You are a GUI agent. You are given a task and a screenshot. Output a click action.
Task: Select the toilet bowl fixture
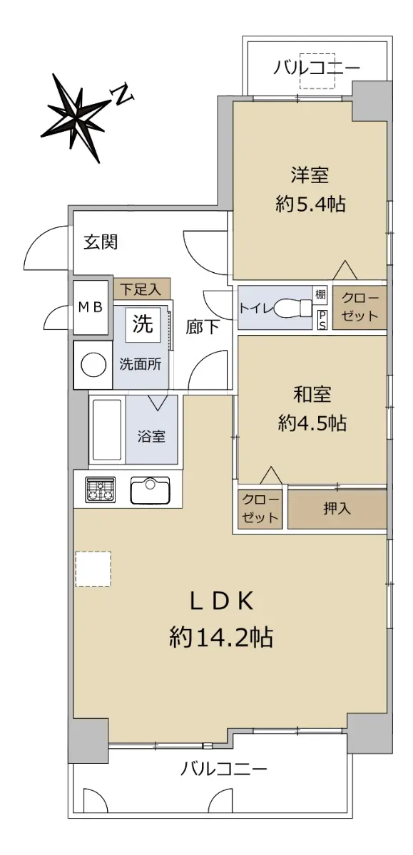(x=293, y=307)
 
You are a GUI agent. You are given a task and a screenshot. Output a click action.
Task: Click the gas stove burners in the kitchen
(x=101, y=489)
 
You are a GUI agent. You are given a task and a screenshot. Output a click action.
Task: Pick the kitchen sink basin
(x=150, y=490)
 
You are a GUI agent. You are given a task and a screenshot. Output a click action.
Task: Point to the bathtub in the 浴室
(x=108, y=430)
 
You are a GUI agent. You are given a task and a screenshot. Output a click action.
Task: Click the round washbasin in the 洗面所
(x=93, y=365)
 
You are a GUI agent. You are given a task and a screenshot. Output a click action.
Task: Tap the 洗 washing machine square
(x=143, y=323)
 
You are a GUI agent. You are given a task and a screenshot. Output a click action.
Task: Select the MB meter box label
(x=91, y=307)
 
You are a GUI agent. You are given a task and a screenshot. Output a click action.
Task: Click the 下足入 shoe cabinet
(x=142, y=289)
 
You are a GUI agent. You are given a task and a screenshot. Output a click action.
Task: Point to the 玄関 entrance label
(x=101, y=242)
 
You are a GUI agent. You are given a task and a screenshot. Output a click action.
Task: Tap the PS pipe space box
(x=322, y=319)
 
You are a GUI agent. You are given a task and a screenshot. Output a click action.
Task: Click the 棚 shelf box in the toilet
(x=320, y=294)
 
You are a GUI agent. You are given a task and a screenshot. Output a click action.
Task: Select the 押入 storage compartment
(x=337, y=509)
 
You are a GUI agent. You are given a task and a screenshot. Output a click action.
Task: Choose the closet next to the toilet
(x=359, y=307)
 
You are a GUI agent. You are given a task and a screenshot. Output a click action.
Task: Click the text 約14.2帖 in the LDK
(x=221, y=637)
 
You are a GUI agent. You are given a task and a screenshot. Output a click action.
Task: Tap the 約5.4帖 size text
(x=310, y=204)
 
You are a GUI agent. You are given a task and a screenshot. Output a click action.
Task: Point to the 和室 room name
(x=312, y=394)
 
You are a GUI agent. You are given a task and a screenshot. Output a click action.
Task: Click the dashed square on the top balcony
(x=317, y=71)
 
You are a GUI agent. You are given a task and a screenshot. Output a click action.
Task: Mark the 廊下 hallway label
(x=203, y=327)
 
